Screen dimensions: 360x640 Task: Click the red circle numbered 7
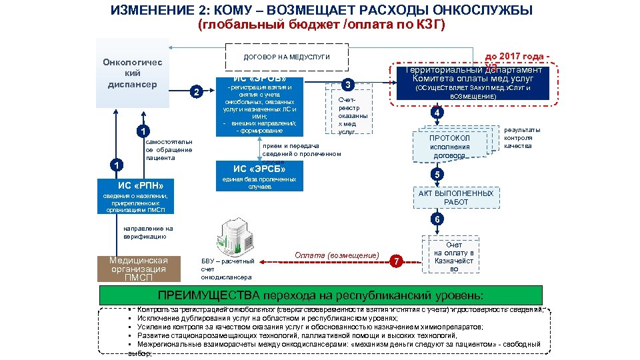(x=397, y=261)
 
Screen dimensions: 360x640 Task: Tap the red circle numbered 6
(x=437, y=219)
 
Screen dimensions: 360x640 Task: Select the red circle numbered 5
(x=437, y=175)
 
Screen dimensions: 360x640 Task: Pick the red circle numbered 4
(x=437, y=113)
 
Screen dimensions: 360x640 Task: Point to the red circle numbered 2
(x=195, y=92)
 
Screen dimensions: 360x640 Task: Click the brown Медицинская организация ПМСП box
(x=139, y=269)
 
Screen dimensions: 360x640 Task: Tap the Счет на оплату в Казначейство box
(x=453, y=257)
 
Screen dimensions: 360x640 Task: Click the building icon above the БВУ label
(x=229, y=236)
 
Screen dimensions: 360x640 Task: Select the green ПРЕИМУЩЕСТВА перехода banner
(x=320, y=295)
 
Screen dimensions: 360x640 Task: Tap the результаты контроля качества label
(x=522, y=138)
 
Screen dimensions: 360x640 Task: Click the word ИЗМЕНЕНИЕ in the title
(x=154, y=11)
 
